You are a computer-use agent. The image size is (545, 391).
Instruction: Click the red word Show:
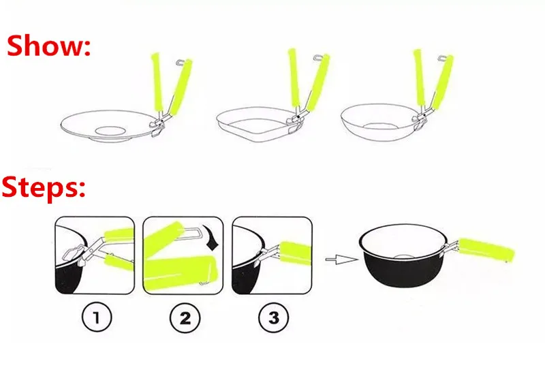tap(48, 46)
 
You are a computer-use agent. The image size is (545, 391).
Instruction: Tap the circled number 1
tap(97, 317)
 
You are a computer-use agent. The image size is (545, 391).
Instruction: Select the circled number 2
tap(185, 317)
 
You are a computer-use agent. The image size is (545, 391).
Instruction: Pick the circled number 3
tap(274, 317)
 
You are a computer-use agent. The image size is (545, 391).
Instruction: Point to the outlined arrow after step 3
tap(341, 260)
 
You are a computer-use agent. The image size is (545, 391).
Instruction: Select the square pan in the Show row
tap(258, 125)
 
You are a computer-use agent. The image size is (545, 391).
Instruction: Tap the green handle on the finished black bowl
tap(486, 249)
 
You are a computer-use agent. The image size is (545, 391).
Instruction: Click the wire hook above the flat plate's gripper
tap(181, 63)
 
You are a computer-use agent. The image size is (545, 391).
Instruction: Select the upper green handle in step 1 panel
tap(119, 234)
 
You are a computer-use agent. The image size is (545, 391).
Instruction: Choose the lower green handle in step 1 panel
tap(119, 262)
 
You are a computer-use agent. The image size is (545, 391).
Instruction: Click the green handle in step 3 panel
tap(296, 253)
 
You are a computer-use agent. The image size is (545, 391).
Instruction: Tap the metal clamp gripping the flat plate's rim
tap(158, 126)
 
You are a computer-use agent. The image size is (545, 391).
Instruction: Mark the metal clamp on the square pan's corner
tap(295, 123)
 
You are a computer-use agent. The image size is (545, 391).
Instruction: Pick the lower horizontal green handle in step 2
tap(180, 272)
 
